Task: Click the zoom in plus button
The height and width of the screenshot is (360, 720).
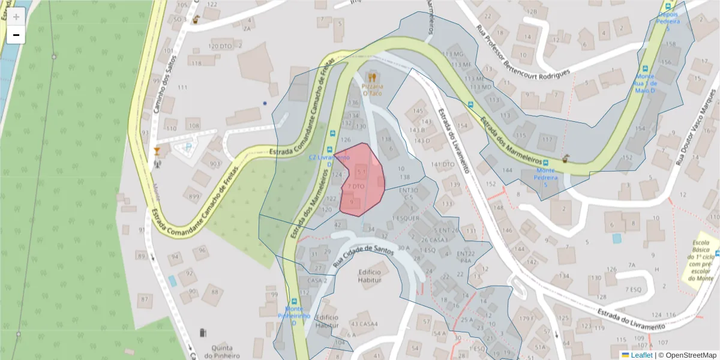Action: pyautogui.click(x=16, y=17)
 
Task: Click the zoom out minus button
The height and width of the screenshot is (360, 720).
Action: pyautogui.click(x=16, y=35)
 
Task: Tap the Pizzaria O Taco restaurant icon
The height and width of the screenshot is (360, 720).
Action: pyautogui.click(x=372, y=77)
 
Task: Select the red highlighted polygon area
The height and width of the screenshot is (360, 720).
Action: pyautogui.click(x=360, y=180)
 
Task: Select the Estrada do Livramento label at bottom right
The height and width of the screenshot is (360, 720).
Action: pyautogui.click(x=632, y=319)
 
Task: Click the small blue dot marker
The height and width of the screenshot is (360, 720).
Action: pyautogui.click(x=265, y=103)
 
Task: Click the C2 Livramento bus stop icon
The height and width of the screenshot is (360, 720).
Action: pyautogui.click(x=329, y=148)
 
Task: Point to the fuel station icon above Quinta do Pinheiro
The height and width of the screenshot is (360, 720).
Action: pyautogui.click(x=203, y=332)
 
